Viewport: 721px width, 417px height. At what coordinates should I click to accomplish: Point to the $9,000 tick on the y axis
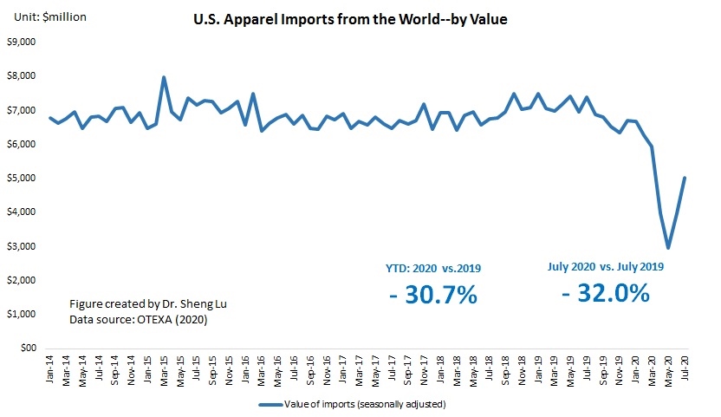pyautogui.click(x=22, y=42)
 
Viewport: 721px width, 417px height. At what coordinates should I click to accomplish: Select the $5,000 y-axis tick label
pyautogui.click(x=22, y=179)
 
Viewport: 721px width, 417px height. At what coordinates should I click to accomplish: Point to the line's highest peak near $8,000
pyautogui.click(x=164, y=77)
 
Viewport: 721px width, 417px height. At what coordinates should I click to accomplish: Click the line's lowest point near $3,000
pyautogui.click(x=668, y=248)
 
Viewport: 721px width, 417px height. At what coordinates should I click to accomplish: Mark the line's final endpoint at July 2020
pyautogui.click(x=685, y=178)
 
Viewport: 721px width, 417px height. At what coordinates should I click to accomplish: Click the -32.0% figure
pyautogui.click(x=605, y=293)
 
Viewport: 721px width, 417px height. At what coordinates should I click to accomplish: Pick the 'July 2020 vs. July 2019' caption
pyautogui.click(x=605, y=266)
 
